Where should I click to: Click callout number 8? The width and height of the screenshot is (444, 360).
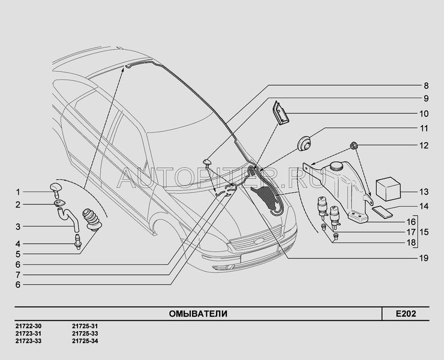tap(426, 86)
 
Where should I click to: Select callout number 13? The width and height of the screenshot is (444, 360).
tap(424, 192)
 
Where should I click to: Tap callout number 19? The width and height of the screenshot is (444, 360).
tap(424, 259)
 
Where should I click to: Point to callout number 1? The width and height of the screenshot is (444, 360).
tap(18, 193)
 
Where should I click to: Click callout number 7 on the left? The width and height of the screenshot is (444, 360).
tap(18, 275)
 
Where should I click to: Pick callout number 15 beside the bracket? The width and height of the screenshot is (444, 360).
tap(424, 232)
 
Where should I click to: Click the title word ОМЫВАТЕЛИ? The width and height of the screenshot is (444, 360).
tap(198, 314)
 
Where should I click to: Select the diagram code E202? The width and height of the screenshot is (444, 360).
tap(406, 314)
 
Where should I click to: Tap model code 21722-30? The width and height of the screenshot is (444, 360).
tap(28, 326)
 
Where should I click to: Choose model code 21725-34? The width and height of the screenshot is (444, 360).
tap(85, 341)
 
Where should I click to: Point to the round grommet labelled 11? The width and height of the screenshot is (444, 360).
tap(304, 143)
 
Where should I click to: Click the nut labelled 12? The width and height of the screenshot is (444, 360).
tap(354, 146)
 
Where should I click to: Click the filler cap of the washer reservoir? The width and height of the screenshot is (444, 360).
tap(336, 166)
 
